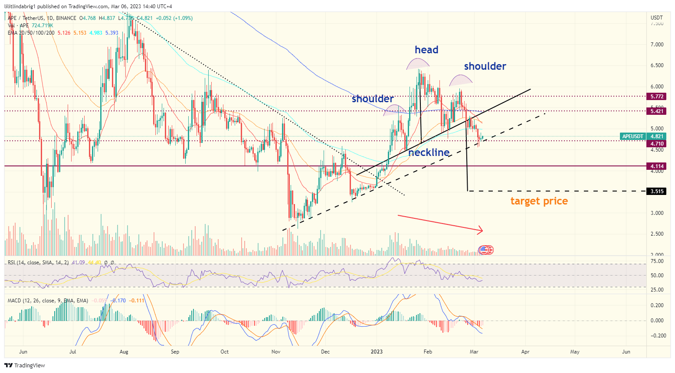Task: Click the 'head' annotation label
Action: pyautogui.click(x=426, y=50)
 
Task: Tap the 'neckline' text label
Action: pyautogui.click(x=429, y=152)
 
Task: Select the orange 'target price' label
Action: pyautogui.click(x=539, y=201)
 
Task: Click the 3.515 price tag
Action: pyautogui.click(x=657, y=191)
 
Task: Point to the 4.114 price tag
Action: pyautogui.click(x=657, y=166)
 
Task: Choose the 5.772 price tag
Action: pyautogui.click(x=657, y=96)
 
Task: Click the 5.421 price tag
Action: pyautogui.click(x=657, y=111)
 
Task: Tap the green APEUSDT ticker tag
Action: pyautogui.click(x=633, y=136)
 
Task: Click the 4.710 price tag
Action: pyautogui.click(x=657, y=143)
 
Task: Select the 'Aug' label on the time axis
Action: pyautogui.click(x=124, y=352)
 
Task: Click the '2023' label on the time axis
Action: pyautogui.click(x=377, y=352)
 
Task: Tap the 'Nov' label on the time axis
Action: pyautogui.click(x=276, y=352)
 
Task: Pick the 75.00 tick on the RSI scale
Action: pyautogui.click(x=657, y=261)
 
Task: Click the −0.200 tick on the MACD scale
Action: pyautogui.click(x=656, y=336)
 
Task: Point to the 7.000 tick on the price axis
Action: pyautogui.click(x=657, y=45)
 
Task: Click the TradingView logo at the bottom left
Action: pyautogui.click(x=25, y=365)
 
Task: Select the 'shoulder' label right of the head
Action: pyautogui.click(x=485, y=66)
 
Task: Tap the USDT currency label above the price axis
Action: pyautogui.click(x=656, y=18)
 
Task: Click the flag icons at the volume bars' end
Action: pyautogui.click(x=486, y=250)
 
